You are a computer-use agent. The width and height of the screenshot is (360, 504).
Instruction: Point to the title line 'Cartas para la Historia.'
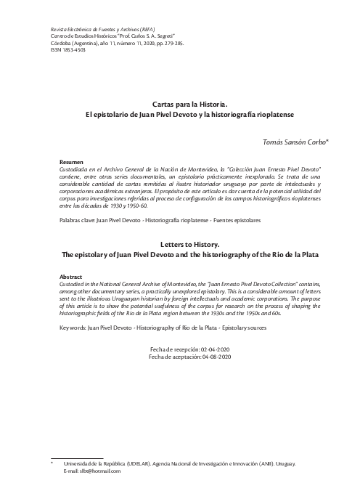(189, 105)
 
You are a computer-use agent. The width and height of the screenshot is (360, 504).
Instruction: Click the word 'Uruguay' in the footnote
(297, 463)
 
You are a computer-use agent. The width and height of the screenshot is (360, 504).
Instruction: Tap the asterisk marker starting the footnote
(52, 463)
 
